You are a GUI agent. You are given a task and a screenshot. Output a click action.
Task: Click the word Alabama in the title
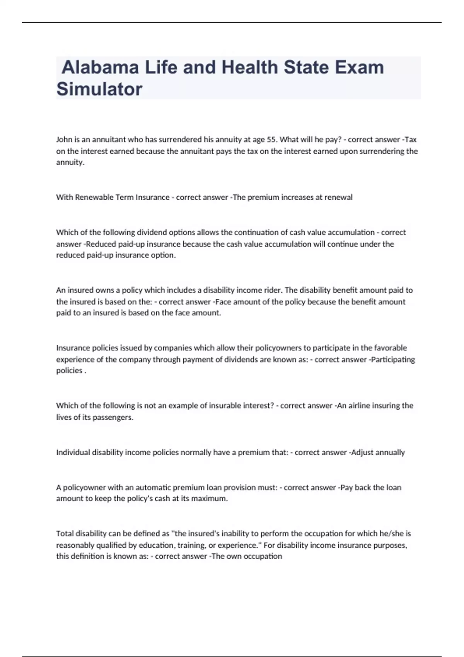point(100,67)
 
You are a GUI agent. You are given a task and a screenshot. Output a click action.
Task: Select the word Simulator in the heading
point(99,89)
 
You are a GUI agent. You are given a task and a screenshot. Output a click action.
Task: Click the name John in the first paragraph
point(64,140)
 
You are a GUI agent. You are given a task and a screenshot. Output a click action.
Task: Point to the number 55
point(272,140)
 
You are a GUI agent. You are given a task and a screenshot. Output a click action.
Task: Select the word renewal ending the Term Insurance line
point(338,197)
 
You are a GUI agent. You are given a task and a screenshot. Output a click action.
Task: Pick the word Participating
point(393,360)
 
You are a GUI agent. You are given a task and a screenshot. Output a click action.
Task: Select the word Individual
point(73,453)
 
